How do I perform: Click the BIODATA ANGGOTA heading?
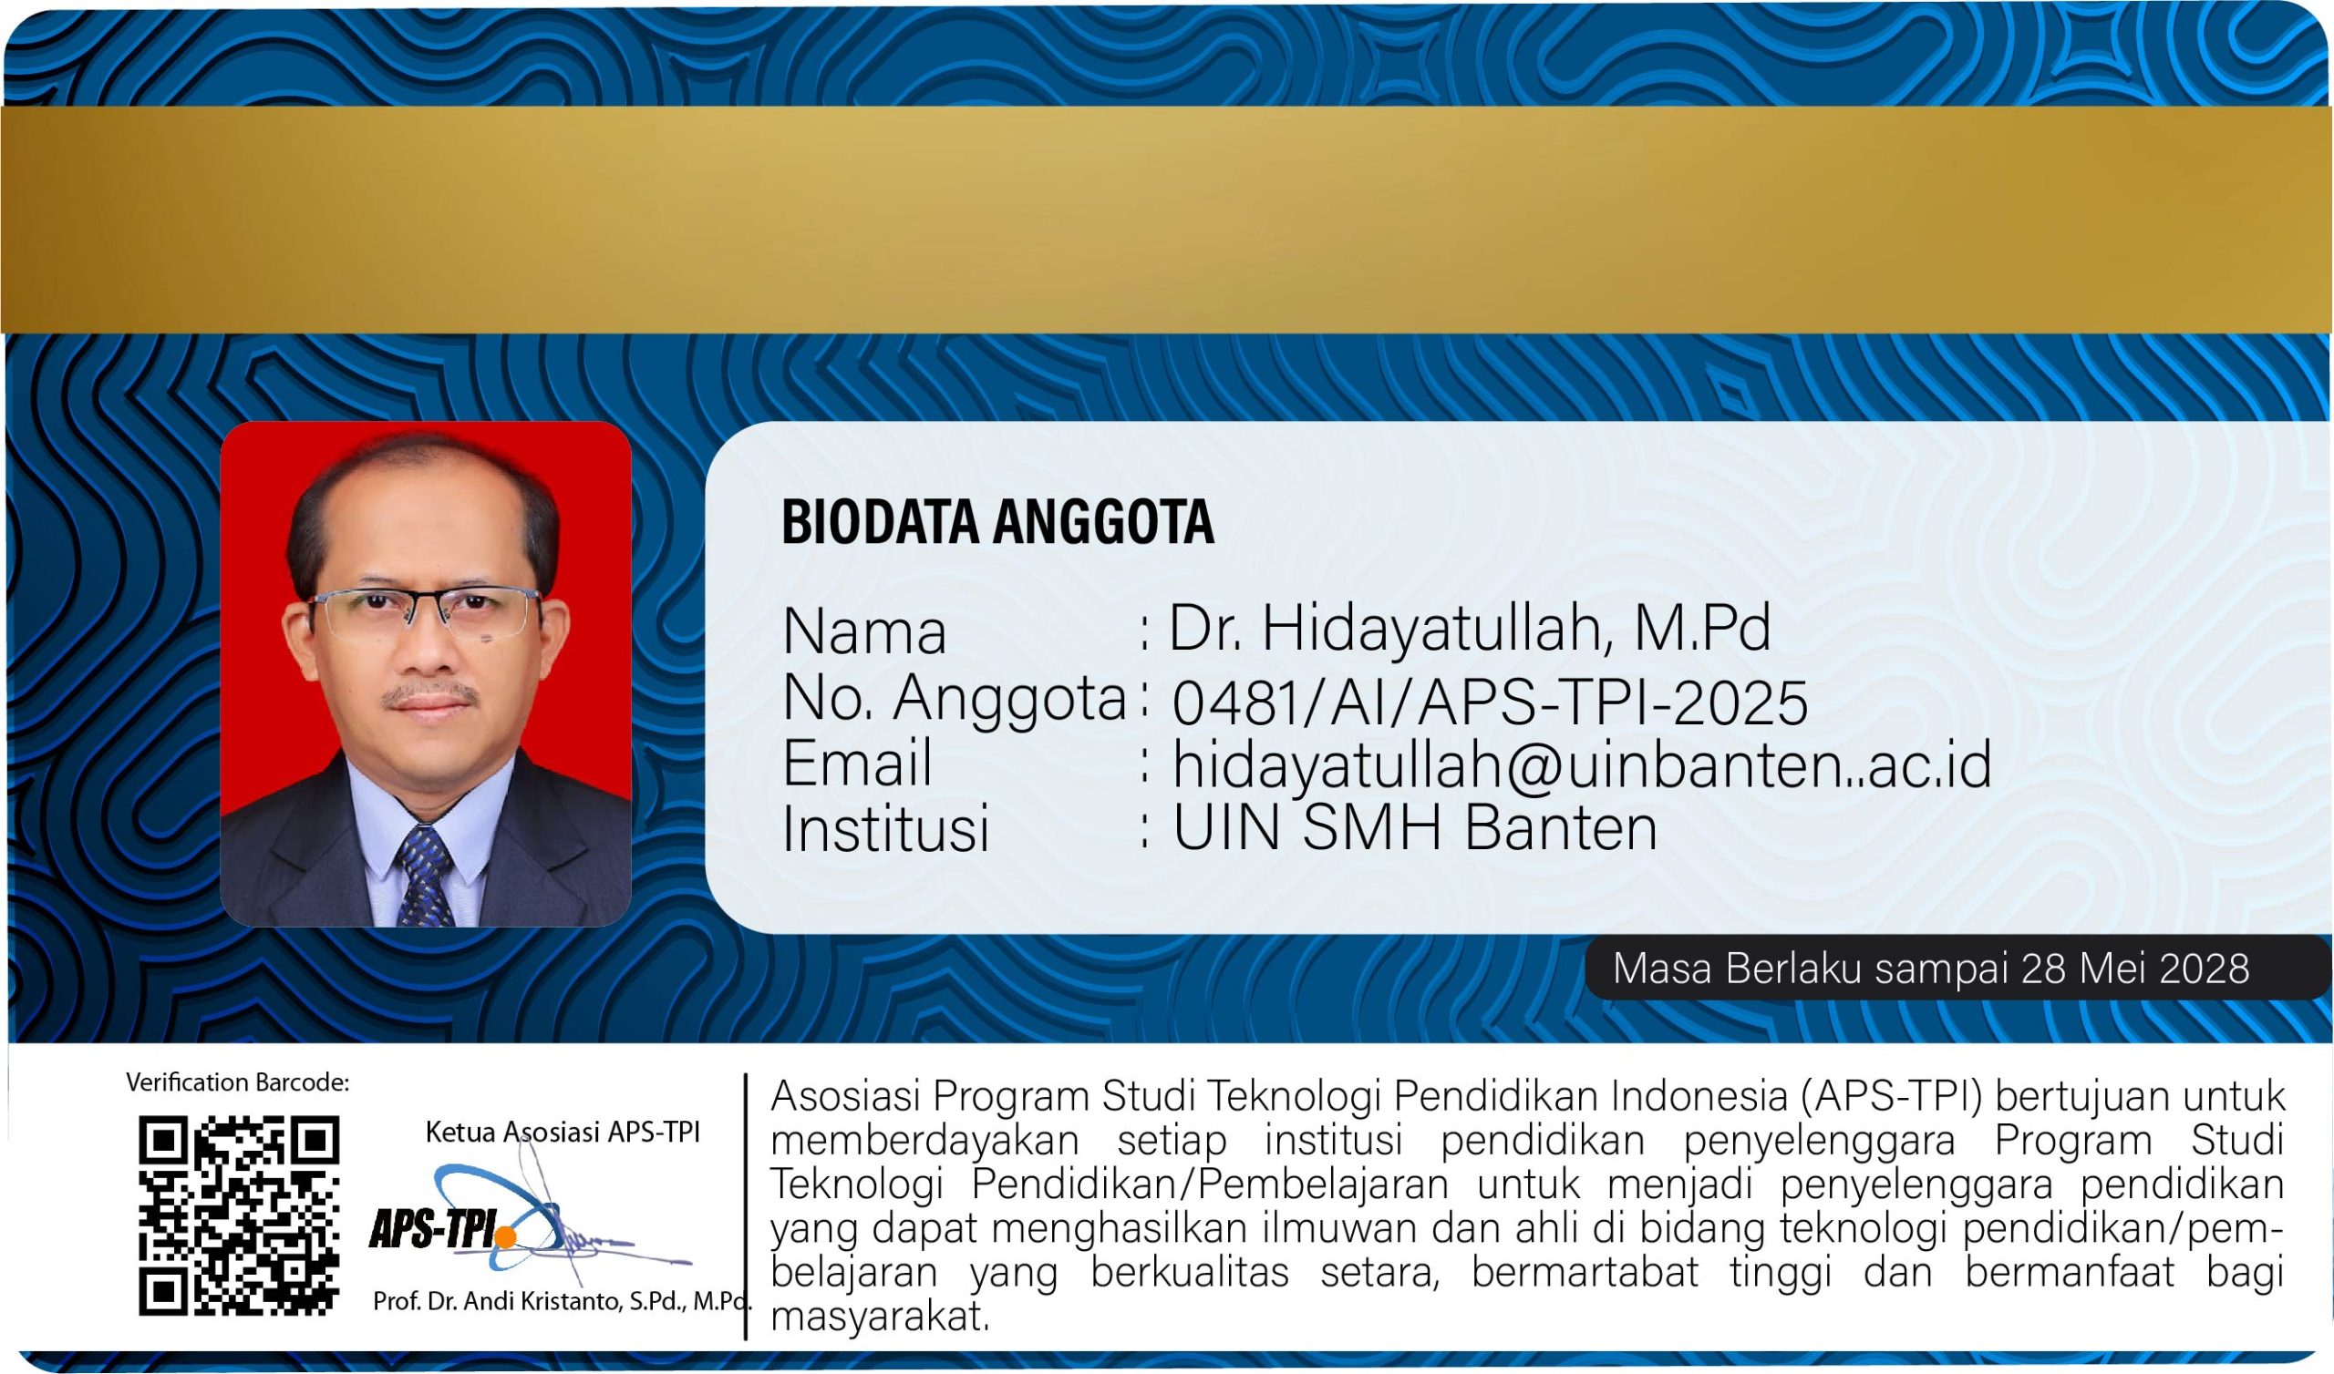point(997,521)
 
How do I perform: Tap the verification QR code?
point(239,1215)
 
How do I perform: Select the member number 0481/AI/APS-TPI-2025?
point(1491,702)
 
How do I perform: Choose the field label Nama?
point(864,632)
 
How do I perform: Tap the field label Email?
point(857,763)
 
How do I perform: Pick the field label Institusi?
point(886,827)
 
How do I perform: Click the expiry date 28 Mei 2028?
point(2135,969)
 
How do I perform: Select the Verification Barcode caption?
point(238,1082)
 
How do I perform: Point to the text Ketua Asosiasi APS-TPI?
point(563,1133)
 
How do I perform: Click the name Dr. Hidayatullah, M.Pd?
point(1470,629)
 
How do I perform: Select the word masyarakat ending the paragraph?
point(880,1317)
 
